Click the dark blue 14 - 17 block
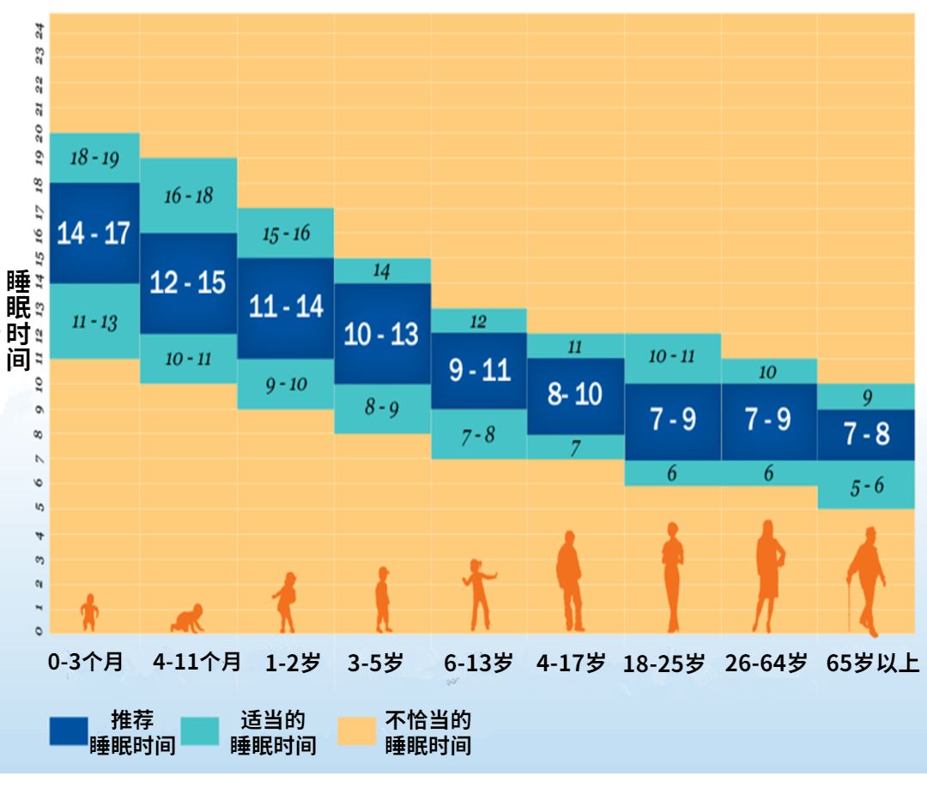click(94, 233)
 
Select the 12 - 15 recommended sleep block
click(188, 282)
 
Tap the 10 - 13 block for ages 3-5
click(381, 334)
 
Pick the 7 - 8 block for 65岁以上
click(866, 434)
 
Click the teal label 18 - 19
click(94, 158)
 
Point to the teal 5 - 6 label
click(866, 487)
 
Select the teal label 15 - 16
click(286, 233)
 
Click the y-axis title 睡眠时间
click(18, 320)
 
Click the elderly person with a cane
click(866, 579)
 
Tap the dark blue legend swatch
click(69, 731)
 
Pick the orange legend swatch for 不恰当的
click(357, 731)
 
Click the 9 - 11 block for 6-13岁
click(479, 370)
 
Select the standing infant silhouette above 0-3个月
click(88, 612)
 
